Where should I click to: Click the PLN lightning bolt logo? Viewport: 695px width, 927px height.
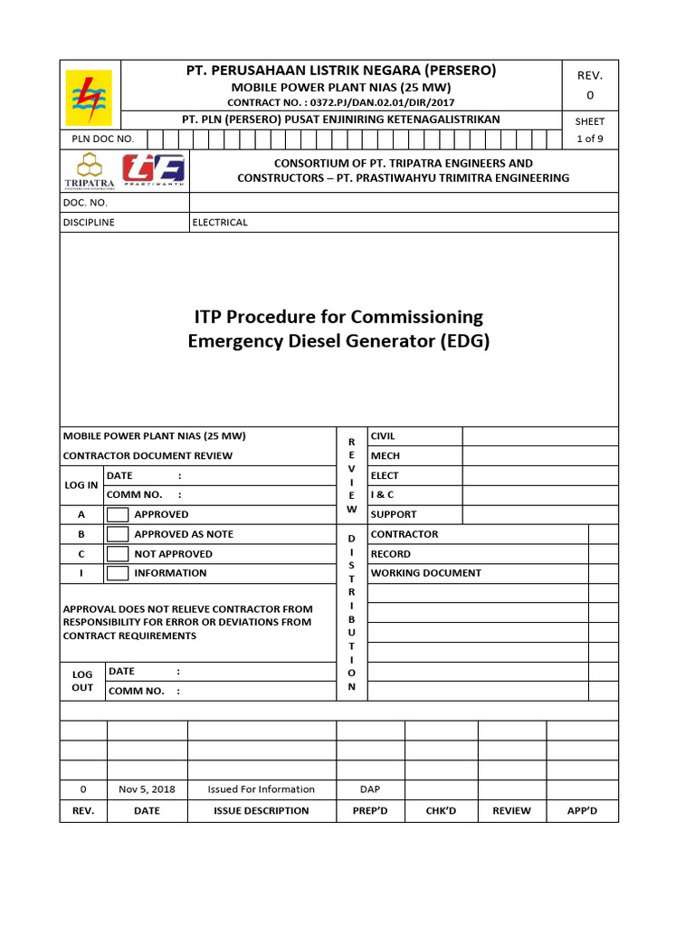click(x=90, y=97)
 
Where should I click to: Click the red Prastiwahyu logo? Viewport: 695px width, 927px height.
click(x=154, y=170)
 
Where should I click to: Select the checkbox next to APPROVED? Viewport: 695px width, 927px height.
click(x=118, y=514)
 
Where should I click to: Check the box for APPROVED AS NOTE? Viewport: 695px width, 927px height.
click(x=118, y=534)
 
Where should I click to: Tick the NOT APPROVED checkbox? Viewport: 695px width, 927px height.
click(x=118, y=554)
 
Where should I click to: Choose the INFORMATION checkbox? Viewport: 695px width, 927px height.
click(x=118, y=573)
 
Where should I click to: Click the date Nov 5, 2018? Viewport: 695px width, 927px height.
click(x=147, y=789)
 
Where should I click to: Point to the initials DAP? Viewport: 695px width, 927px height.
click(x=370, y=789)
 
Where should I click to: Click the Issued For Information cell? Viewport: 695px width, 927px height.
click(x=262, y=789)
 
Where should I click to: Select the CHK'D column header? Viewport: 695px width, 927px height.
click(x=441, y=811)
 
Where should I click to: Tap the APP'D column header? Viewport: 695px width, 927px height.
click(x=582, y=811)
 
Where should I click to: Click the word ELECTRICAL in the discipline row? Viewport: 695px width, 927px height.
click(x=220, y=223)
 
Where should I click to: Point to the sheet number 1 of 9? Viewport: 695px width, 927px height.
click(x=590, y=139)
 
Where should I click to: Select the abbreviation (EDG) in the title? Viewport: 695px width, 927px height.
click(x=463, y=341)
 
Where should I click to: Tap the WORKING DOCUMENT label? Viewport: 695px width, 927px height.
click(x=425, y=573)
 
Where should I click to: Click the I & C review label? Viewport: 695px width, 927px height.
click(x=382, y=495)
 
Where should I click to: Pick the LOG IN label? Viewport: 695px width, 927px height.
click(x=81, y=485)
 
